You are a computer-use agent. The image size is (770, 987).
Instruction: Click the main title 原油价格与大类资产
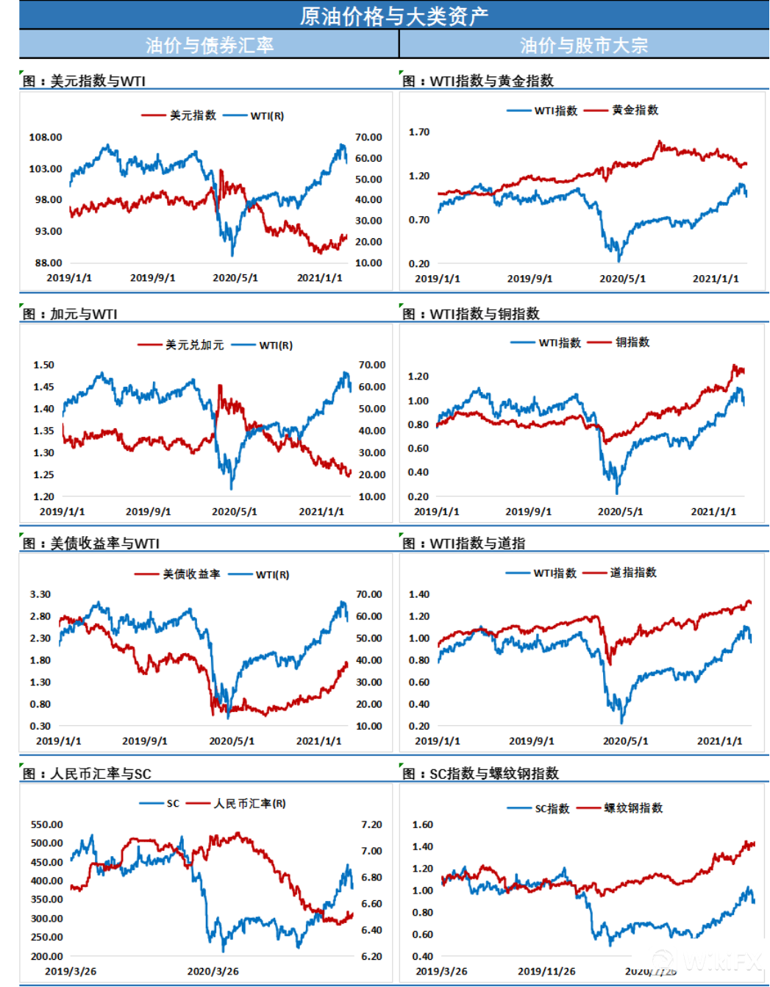click(393, 15)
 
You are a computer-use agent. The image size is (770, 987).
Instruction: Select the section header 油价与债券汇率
click(210, 45)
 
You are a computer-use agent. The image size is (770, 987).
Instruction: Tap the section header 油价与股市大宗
click(584, 45)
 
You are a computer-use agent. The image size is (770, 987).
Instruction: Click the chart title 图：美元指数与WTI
click(84, 81)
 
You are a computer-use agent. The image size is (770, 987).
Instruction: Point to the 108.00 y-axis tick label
click(46, 138)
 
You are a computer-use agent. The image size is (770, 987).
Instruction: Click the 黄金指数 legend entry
click(635, 110)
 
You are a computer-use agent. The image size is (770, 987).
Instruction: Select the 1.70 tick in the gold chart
click(419, 132)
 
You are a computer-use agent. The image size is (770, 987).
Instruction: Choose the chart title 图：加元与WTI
click(70, 314)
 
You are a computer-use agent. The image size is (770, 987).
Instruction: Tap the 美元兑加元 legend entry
click(194, 345)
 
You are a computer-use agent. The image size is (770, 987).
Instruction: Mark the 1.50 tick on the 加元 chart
click(44, 365)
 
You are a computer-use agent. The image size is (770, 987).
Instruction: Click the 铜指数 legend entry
click(632, 342)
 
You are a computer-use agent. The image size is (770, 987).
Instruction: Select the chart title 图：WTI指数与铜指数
click(471, 314)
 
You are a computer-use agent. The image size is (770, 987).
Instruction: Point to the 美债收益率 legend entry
click(191, 574)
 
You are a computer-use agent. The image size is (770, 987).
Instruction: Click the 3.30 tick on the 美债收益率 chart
click(40, 594)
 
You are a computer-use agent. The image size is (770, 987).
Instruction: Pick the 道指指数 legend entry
click(633, 573)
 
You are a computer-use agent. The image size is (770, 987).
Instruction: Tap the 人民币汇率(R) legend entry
click(249, 803)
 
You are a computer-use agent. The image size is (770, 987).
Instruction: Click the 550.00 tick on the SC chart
click(47, 824)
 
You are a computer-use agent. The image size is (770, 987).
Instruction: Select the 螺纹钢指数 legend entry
click(633, 808)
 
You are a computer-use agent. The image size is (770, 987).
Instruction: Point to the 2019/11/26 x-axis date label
click(546, 971)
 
